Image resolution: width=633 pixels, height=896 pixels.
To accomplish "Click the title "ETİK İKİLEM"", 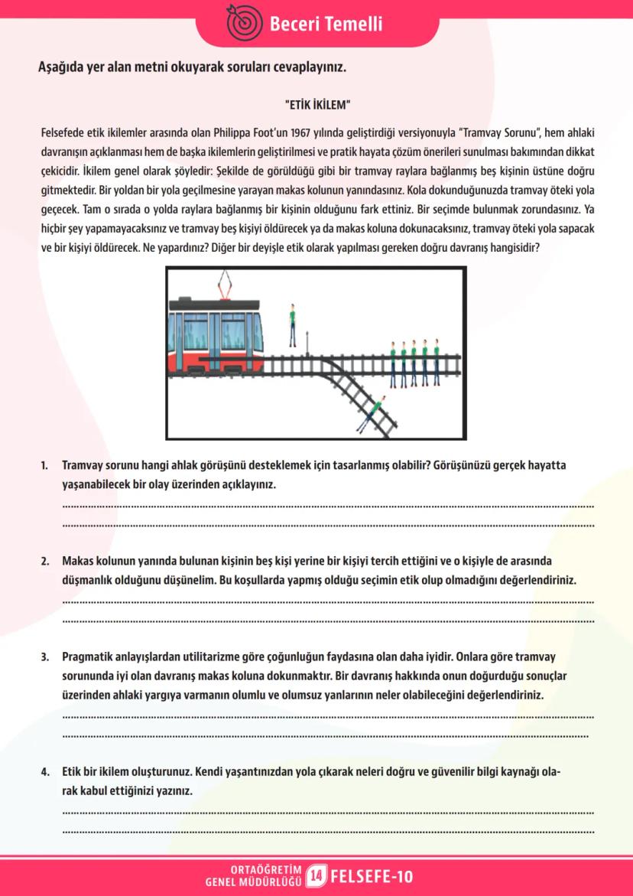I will tap(316, 103).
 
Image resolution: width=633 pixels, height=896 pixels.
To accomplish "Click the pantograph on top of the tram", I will tap(226, 288).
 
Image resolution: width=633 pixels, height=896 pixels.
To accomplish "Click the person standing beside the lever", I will tap(291, 324).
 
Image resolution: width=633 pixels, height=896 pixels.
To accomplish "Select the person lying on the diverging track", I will tap(372, 410).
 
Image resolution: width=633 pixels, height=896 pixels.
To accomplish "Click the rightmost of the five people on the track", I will tap(434, 362).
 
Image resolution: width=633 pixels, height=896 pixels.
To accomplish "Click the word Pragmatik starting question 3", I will tap(88, 657).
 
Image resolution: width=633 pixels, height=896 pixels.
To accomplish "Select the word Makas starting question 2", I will tap(78, 561).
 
